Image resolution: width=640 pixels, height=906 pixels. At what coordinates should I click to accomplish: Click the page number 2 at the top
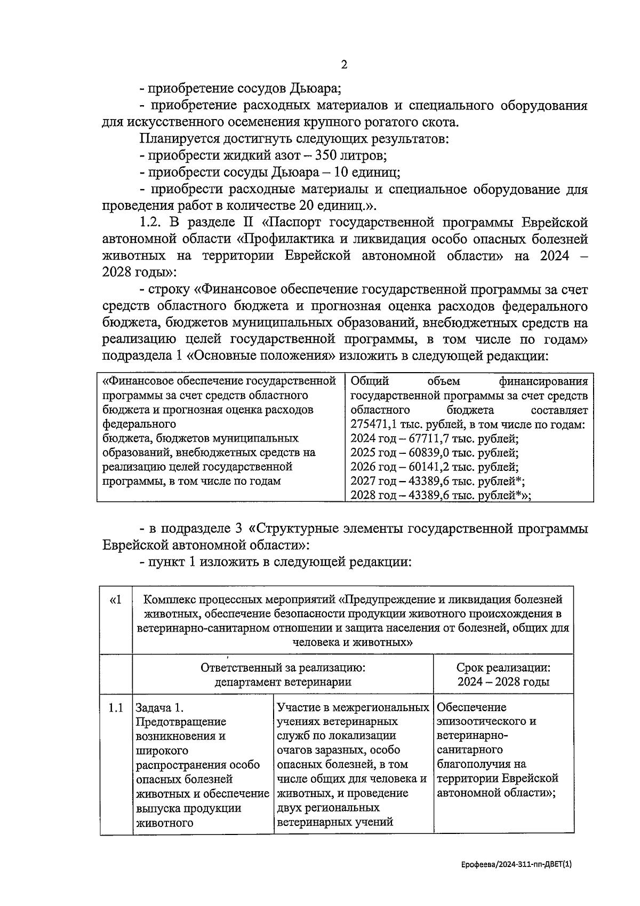tap(344, 65)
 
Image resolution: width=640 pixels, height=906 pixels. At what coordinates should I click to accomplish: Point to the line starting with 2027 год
tap(437, 482)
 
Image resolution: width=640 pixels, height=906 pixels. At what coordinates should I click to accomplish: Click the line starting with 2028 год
tap(441, 496)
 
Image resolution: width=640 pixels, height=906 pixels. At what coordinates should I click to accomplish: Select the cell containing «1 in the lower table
tap(115, 601)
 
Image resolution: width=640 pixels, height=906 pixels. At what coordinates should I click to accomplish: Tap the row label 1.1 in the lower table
tap(116, 708)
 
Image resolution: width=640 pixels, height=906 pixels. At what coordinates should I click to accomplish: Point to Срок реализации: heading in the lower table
tap(503, 668)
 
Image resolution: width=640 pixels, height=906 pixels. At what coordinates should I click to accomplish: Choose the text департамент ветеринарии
tap(283, 682)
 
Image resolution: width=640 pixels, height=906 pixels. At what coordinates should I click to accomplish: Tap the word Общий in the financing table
tap(370, 381)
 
